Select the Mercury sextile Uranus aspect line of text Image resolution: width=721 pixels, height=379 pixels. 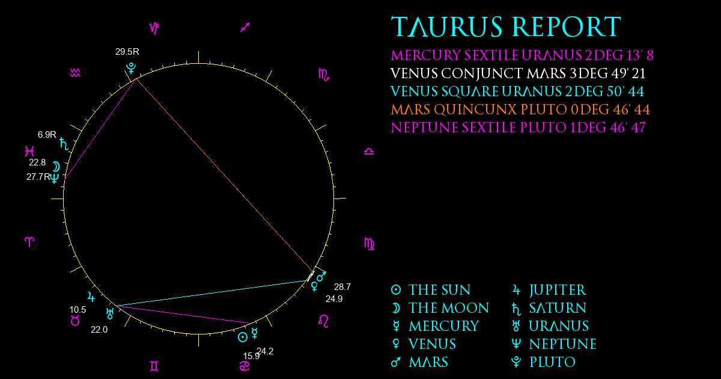[x=522, y=55]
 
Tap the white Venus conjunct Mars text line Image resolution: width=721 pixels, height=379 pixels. [x=518, y=73]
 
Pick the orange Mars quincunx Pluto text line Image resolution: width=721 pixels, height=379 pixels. [x=520, y=109]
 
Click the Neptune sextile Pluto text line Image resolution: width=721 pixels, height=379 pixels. [x=518, y=128]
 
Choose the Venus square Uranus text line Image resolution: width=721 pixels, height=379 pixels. [x=517, y=91]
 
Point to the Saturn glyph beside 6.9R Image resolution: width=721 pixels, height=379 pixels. [x=64, y=144]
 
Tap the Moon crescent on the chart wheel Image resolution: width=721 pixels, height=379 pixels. [x=56, y=167]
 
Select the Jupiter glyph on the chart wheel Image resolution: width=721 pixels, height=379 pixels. [x=91, y=297]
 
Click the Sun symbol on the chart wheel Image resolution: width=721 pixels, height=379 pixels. [x=243, y=337]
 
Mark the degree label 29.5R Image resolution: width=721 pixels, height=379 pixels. [x=127, y=52]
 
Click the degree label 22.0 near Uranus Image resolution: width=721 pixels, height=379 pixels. [x=99, y=330]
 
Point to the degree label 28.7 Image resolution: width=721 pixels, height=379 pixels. [x=342, y=286]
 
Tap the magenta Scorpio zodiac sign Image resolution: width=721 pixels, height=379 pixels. [x=324, y=75]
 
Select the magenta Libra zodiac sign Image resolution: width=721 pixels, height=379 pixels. [x=369, y=152]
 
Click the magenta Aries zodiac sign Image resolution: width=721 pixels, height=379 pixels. [x=29, y=242]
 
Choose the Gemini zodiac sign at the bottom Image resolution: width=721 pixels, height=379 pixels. [x=154, y=366]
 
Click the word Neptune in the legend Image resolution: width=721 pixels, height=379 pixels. [x=562, y=344]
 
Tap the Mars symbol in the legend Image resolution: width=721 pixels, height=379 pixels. [x=396, y=362]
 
